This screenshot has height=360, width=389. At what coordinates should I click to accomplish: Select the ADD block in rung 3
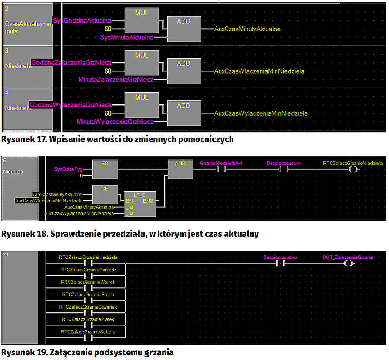[183, 71]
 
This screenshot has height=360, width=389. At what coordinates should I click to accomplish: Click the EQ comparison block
[105, 169]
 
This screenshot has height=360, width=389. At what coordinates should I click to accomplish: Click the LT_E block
[139, 203]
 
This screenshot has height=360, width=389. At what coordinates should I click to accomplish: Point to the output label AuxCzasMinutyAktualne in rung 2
[247, 29]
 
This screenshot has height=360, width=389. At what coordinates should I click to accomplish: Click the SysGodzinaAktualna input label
[82, 20]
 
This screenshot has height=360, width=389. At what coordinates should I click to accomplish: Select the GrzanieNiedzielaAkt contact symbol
[221, 169]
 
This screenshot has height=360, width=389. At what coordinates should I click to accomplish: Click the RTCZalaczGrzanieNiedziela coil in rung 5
[353, 169]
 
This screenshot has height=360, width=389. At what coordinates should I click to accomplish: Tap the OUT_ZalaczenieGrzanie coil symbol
[348, 263]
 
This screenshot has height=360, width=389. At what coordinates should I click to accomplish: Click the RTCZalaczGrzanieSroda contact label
[88, 294]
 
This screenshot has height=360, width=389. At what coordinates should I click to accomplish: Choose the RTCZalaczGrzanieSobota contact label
[88, 332]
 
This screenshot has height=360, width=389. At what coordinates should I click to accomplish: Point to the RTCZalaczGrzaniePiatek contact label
[88, 319]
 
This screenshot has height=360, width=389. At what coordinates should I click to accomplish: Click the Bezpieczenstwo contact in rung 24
[280, 263]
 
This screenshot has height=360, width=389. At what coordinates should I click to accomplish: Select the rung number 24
[6, 254]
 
